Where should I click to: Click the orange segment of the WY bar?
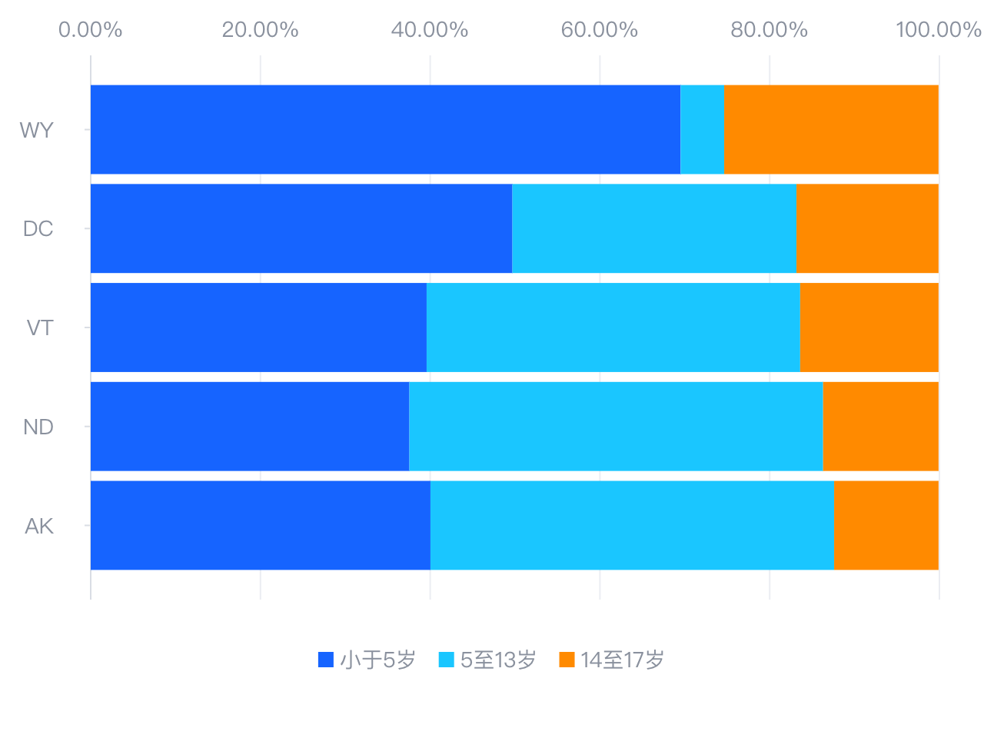coord(831,129)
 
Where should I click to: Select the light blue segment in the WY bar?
coord(702,129)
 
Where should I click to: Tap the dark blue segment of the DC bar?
coord(301,228)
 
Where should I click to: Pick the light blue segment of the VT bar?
coord(613,327)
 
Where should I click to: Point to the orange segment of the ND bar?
coord(880,427)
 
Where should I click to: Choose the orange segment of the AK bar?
coord(886,526)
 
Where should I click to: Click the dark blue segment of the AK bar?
coord(261,526)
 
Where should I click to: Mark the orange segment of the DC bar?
coord(867,228)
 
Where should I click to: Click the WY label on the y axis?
coord(37,130)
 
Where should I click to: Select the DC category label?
coord(38,229)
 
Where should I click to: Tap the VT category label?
coord(40,328)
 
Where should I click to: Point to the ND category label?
coord(38,427)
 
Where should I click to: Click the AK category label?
coord(39,527)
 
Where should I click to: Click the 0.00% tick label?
coord(91,30)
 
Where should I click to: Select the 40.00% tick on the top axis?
coord(430,30)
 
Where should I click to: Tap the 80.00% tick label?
coord(769,30)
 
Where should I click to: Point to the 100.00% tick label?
coord(938,30)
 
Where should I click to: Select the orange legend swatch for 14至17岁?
coord(567,660)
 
